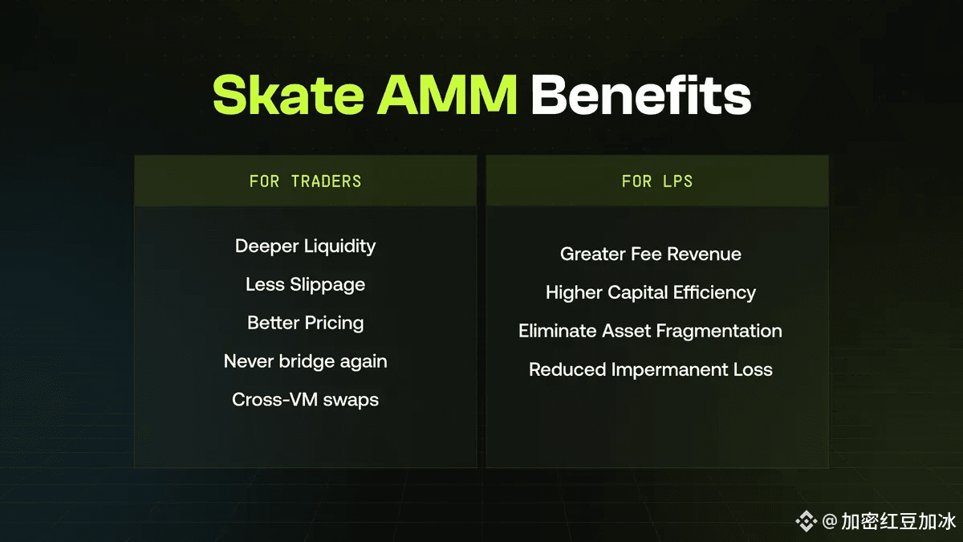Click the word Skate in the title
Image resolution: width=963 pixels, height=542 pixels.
point(288,95)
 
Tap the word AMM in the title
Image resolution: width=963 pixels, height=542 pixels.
point(447,95)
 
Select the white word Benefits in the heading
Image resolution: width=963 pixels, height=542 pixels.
point(641,95)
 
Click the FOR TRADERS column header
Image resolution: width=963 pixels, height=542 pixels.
point(305,181)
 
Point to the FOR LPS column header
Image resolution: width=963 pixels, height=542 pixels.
point(657,181)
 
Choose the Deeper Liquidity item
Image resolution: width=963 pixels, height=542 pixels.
point(305,247)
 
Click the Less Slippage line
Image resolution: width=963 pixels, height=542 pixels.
point(305,285)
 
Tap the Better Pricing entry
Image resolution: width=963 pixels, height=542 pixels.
point(305,323)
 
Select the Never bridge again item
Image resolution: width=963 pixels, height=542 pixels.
point(305,361)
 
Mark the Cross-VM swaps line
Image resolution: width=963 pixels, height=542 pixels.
point(305,400)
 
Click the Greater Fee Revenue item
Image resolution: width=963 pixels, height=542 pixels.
point(651,254)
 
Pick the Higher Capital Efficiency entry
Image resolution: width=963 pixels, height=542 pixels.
point(651,292)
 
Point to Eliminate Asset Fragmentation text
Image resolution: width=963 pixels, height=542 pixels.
point(650,331)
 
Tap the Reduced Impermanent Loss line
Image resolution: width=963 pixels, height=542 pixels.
point(651,369)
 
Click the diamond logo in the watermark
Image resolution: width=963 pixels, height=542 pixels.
point(806,521)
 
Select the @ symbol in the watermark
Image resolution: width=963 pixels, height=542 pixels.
point(829,521)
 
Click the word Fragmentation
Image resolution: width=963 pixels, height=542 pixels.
point(719,331)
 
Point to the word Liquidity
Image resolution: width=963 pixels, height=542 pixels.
point(339,247)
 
